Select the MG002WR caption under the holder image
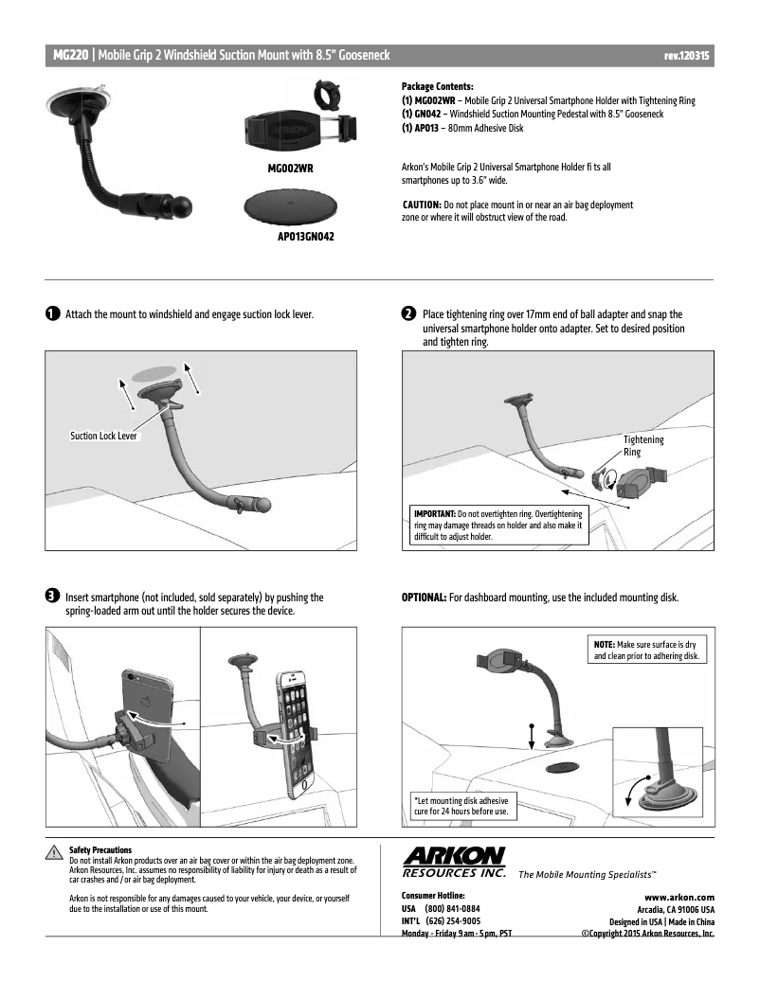coord(292,168)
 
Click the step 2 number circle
coord(408,313)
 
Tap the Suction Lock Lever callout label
coord(105,437)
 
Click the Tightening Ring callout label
coord(643,446)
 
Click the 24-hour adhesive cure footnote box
coord(461,805)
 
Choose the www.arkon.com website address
coord(679,897)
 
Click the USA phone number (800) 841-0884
coord(453,908)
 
